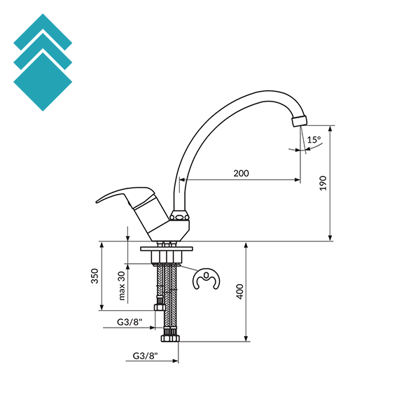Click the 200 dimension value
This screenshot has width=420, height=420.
pos(241,174)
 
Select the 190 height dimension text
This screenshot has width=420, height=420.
pos(323,183)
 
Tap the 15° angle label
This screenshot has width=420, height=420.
pos(314,140)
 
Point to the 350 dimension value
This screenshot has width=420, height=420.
pos(95,276)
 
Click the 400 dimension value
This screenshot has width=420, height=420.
pos(239,292)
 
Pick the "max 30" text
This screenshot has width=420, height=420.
pos(122,286)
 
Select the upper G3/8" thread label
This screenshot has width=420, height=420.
pos(129,322)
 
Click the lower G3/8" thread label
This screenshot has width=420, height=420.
pos(145,356)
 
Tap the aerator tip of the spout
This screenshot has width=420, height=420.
pos(299,121)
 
